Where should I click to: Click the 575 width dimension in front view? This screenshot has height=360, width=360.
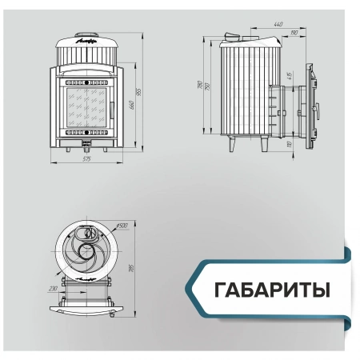86,160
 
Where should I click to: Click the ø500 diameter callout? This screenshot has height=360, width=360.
122,225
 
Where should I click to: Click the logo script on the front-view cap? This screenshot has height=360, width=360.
86,38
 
